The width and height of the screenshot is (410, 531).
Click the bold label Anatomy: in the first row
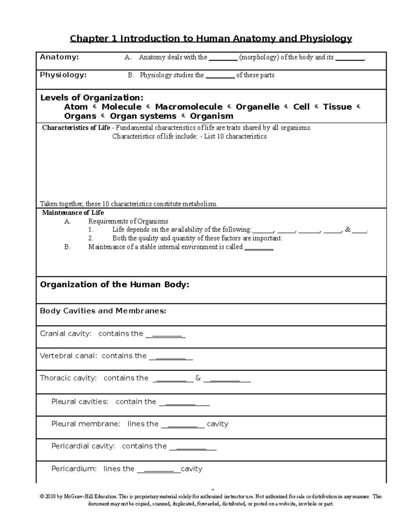(59, 57)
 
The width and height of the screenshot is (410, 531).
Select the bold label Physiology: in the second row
(63, 75)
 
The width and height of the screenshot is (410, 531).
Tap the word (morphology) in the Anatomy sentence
(259, 57)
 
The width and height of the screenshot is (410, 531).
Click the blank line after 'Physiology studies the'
(220, 76)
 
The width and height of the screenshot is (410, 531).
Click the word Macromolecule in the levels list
(189, 107)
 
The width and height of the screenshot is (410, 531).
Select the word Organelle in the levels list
(258, 107)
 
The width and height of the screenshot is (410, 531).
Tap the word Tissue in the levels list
(337, 107)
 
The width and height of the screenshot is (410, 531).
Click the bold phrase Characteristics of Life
(76, 128)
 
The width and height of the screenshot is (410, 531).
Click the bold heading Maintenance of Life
(73, 213)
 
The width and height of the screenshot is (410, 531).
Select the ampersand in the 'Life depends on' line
(348, 230)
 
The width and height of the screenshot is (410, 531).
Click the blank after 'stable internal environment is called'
(259, 248)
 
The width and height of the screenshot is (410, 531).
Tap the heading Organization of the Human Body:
(114, 285)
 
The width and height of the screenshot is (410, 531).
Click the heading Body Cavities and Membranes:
(103, 311)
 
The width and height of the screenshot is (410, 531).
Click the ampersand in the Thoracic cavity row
(198, 378)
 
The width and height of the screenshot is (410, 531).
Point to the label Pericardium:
(74, 469)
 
